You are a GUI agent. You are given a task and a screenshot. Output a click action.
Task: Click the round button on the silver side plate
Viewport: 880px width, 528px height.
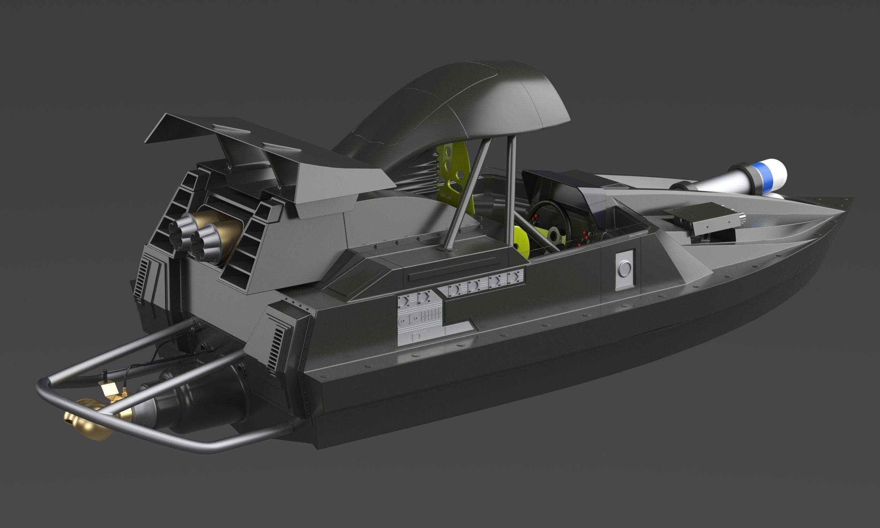pos(624,269)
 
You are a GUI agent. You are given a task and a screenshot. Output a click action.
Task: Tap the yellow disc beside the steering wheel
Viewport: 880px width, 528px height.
pos(521,242)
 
